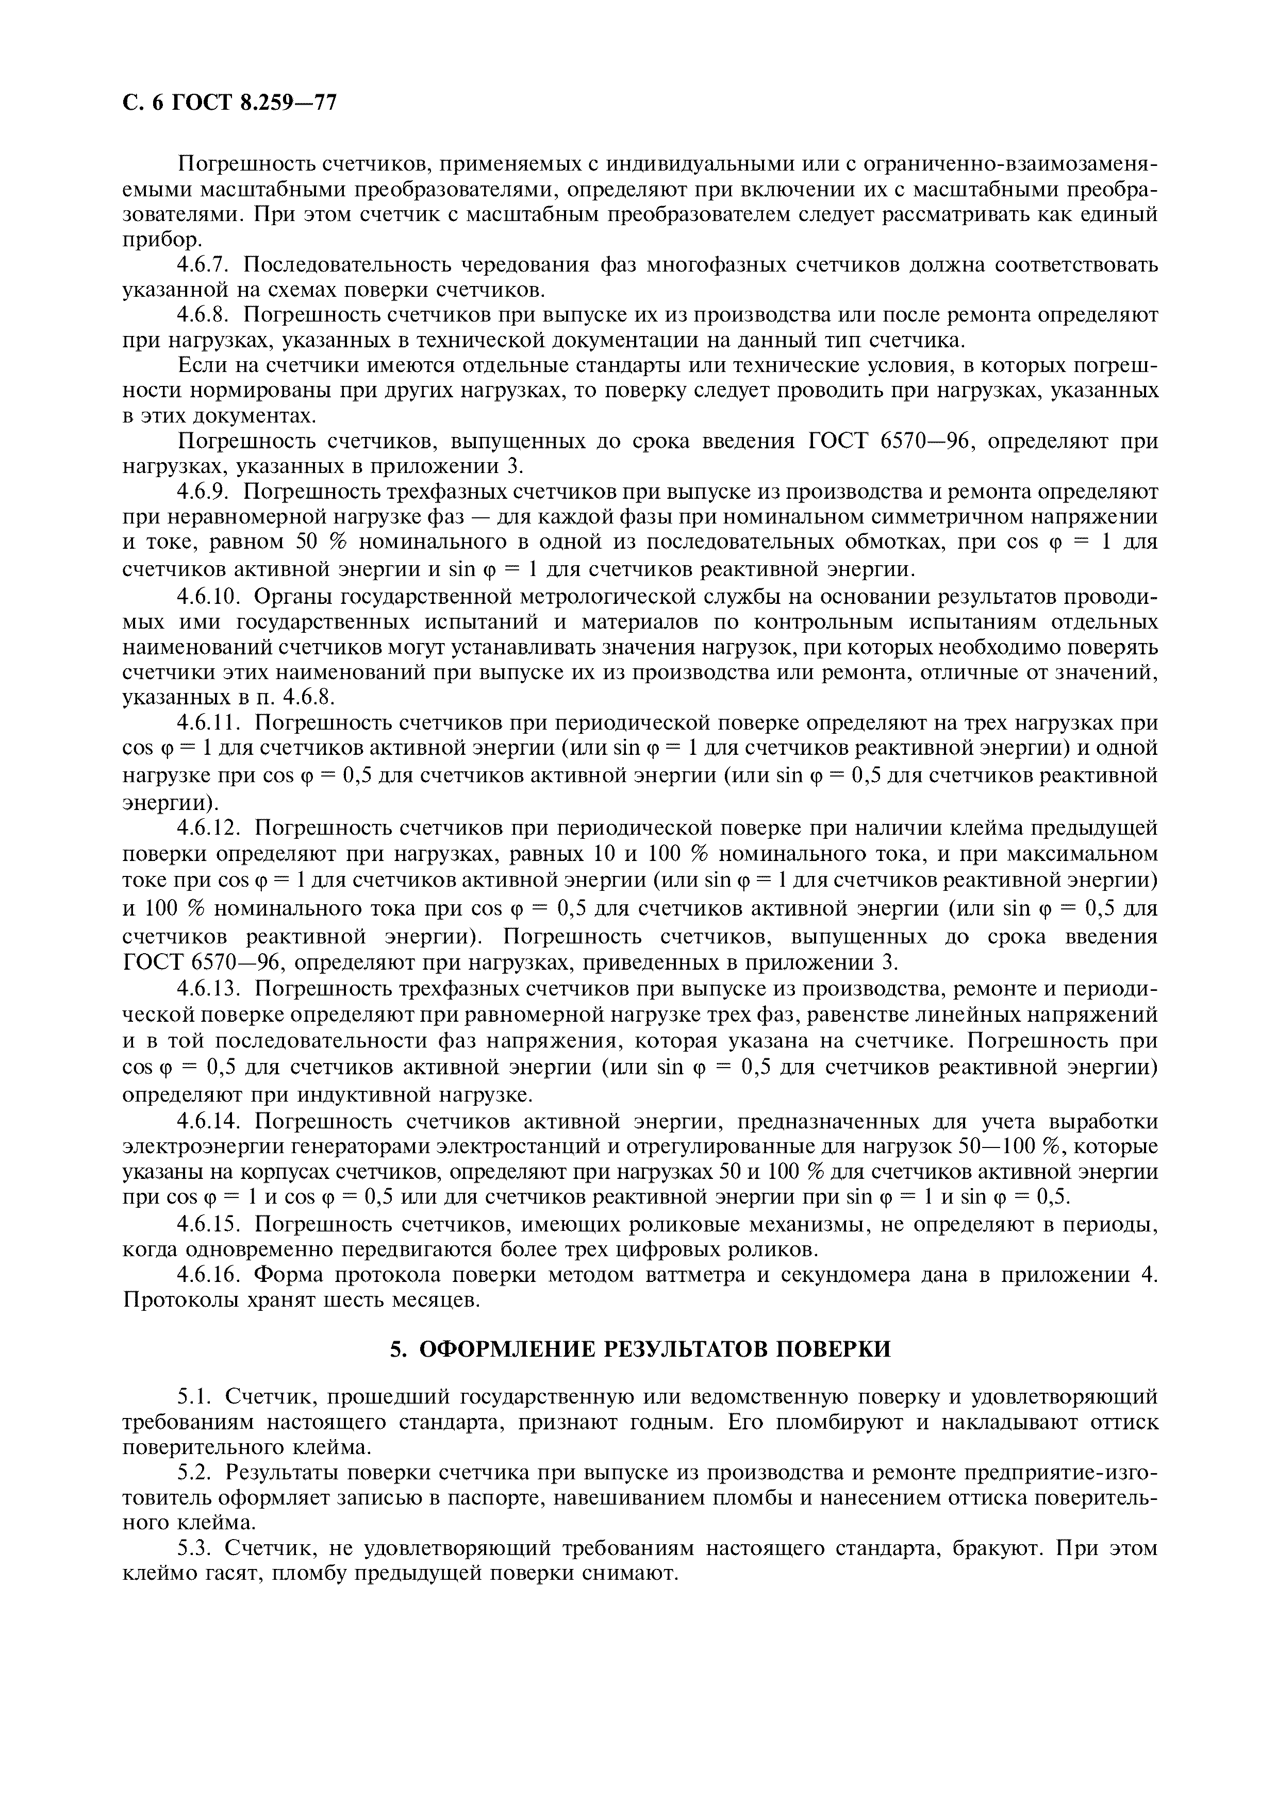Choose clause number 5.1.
[194, 1396]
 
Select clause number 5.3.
[194, 1549]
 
